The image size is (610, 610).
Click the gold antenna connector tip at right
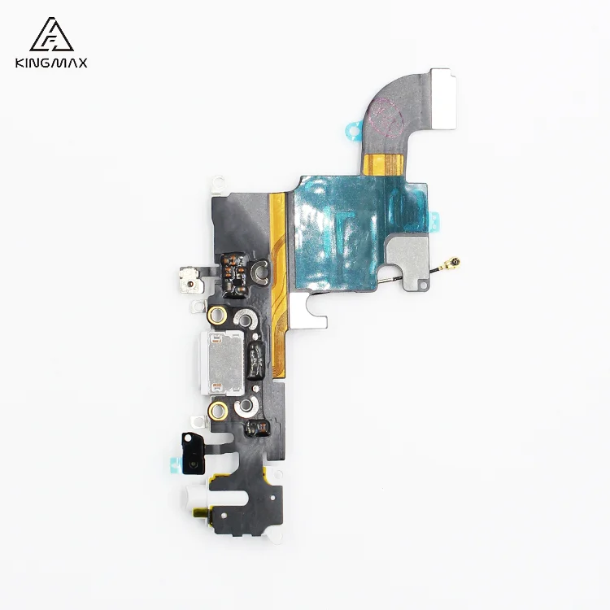tap(457, 262)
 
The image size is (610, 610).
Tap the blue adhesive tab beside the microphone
tap(172, 465)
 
